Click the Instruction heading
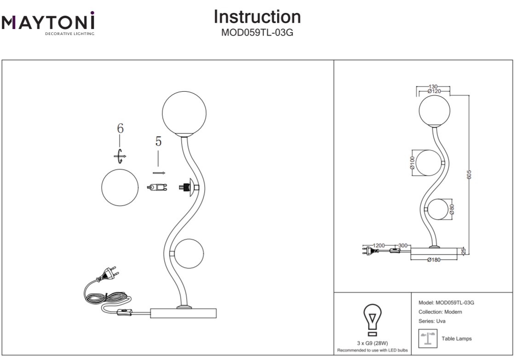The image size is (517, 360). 257,17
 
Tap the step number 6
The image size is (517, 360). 120,128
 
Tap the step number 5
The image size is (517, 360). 158,142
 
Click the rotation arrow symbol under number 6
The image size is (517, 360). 120,157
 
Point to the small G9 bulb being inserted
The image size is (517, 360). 157,187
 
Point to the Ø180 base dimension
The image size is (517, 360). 433,260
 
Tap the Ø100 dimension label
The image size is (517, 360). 412,163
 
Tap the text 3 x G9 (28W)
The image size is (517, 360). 373,343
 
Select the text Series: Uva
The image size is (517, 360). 432,321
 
